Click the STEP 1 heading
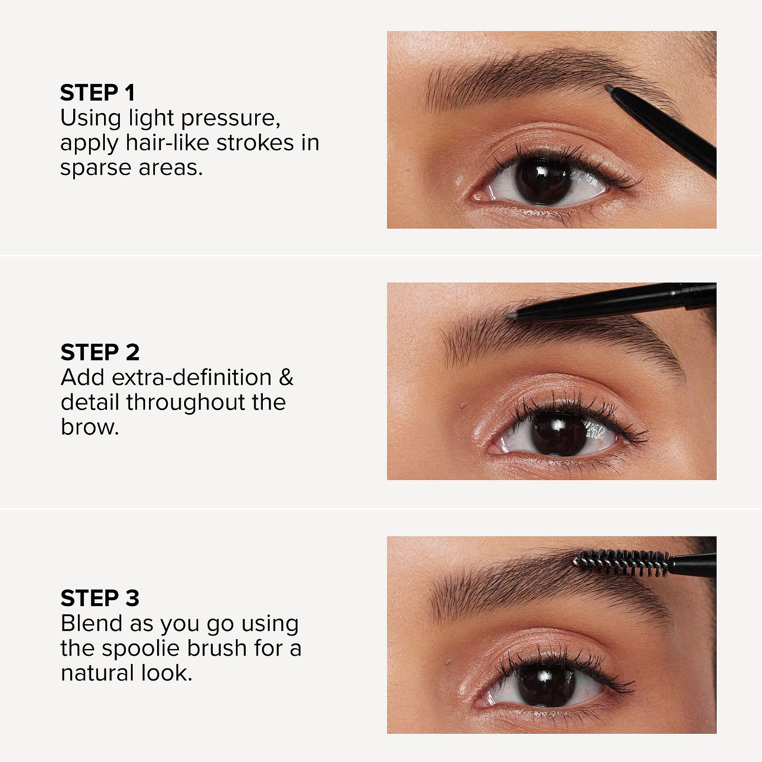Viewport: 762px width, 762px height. [x=98, y=93]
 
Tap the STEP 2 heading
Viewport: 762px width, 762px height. [x=100, y=352]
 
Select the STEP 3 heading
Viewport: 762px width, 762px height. [x=100, y=598]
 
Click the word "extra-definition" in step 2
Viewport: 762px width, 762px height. [x=192, y=378]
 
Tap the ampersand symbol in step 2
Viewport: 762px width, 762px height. [x=286, y=378]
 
